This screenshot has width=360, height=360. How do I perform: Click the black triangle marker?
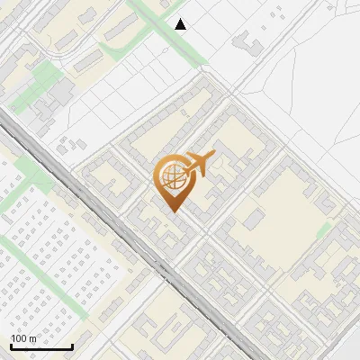coord(181,24)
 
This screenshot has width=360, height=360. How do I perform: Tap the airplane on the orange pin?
coord(198,163)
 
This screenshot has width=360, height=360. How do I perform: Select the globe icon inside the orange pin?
coord(171,176)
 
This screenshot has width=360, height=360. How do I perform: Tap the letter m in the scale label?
coord(33,337)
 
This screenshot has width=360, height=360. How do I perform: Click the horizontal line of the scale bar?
coord(40,347)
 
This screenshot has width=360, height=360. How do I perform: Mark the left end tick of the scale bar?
coord(10,345)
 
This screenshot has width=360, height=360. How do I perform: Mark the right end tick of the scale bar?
coord(72,345)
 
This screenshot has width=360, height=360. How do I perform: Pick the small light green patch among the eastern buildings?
coord(324,230)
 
